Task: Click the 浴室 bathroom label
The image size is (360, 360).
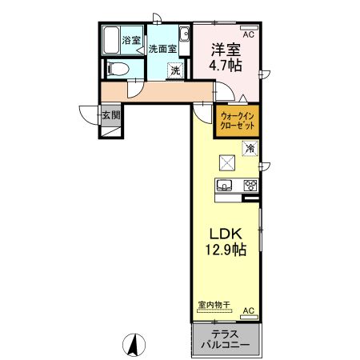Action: (130, 38)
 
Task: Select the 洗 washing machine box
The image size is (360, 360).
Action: (174, 70)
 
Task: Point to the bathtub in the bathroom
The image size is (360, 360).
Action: (111, 39)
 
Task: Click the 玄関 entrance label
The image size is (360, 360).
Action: (110, 115)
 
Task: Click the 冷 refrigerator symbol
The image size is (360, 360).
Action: (250, 148)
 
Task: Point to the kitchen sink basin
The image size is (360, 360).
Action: (224, 187)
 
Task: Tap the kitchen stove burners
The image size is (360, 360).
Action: (250, 187)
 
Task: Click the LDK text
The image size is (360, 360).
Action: (226, 234)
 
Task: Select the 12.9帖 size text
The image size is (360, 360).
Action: (226, 250)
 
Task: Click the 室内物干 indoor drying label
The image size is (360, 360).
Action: (214, 305)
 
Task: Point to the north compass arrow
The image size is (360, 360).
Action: (136, 346)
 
